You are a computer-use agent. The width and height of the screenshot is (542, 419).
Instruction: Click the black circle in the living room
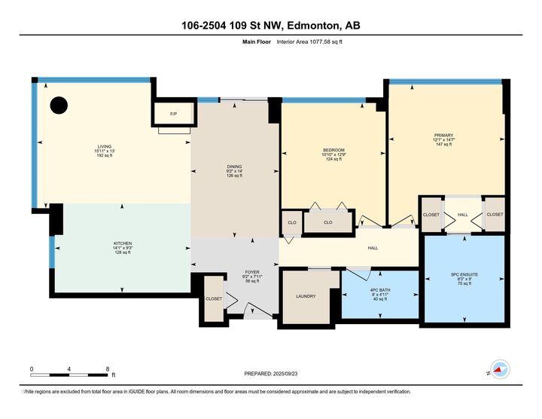pos(59,105)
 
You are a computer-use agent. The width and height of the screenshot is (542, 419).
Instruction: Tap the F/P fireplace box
pos(174,113)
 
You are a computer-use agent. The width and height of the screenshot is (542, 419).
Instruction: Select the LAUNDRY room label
pos(306,296)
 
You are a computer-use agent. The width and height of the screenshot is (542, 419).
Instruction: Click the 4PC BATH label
pos(380,290)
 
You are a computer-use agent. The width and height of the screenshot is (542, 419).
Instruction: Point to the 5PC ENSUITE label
pos(464,274)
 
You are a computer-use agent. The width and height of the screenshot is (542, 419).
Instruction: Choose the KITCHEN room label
pos(123,243)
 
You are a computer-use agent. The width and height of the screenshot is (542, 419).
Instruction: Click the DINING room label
pos(234,167)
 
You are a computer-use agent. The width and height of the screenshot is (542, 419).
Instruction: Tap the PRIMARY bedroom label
pos(444,136)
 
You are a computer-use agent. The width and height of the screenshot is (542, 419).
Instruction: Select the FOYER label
pos(252,272)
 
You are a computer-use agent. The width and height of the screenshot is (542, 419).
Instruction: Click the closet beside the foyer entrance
pos(214,298)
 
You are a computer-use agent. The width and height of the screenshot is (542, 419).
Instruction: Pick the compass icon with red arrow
pos(500,369)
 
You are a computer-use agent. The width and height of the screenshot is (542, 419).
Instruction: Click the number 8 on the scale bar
pos(108,369)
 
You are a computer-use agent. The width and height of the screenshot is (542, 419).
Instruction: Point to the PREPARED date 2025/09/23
pos(285,374)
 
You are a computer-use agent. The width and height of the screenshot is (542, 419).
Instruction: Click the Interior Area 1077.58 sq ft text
pos(309,42)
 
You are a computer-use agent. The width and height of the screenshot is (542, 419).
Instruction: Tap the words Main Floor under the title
pos(257,42)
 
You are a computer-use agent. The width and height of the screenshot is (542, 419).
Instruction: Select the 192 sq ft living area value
pos(105,156)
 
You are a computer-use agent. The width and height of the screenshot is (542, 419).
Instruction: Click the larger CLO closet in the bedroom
pos(328,222)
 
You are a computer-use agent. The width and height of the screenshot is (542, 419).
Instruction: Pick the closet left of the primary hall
pos(431,215)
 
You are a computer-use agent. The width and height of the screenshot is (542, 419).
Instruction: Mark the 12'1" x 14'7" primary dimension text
pos(444,139)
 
